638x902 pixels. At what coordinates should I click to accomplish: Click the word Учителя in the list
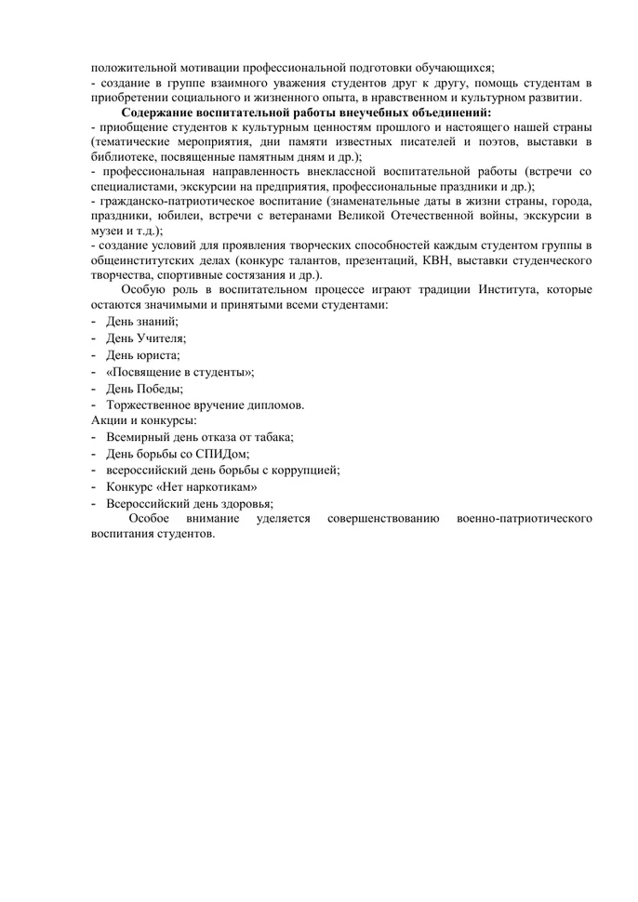click(159, 338)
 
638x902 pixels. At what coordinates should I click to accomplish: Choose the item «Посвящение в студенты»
click(179, 372)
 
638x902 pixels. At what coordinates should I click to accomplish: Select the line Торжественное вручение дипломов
click(205, 406)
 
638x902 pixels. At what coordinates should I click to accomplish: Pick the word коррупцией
click(304, 471)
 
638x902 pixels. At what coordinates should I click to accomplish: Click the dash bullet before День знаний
click(95, 320)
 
